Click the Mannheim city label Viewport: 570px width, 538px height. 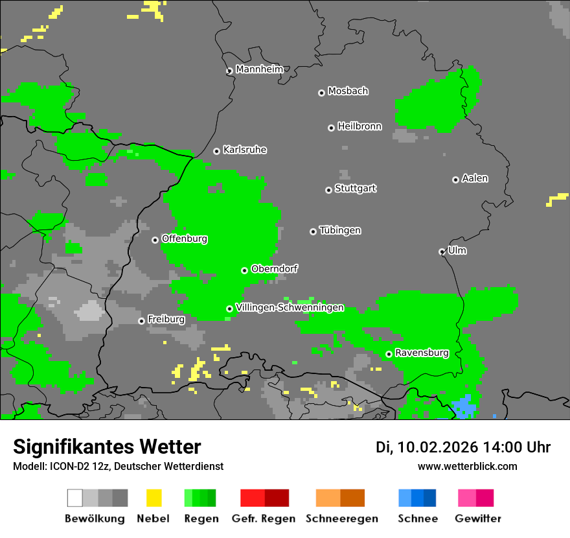click(260, 69)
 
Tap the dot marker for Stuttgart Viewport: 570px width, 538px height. click(328, 190)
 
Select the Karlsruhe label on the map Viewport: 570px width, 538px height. click(245, 150)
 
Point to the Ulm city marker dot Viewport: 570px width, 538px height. click(442, 251)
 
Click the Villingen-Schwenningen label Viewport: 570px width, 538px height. click(290, 307)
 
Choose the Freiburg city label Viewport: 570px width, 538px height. click(166, 320)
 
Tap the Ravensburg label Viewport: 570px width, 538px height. click(422, 353)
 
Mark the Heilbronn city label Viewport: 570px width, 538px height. click(359, 126)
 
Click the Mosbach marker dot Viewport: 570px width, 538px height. click(321, 93)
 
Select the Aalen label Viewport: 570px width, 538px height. click(475, 178)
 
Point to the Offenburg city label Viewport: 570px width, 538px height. click(185, 239)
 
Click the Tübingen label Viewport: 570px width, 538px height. click(340, 230)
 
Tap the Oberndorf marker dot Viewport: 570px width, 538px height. click(245, 270)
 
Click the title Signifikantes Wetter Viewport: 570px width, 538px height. click(107, 447)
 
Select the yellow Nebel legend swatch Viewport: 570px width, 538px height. click(154, 498)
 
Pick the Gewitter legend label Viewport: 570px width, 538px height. click(478, 519)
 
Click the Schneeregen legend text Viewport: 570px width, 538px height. click(342, 519)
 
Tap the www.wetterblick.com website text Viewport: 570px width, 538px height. click(467, 466)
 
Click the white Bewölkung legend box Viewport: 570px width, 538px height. click(75, 498)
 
